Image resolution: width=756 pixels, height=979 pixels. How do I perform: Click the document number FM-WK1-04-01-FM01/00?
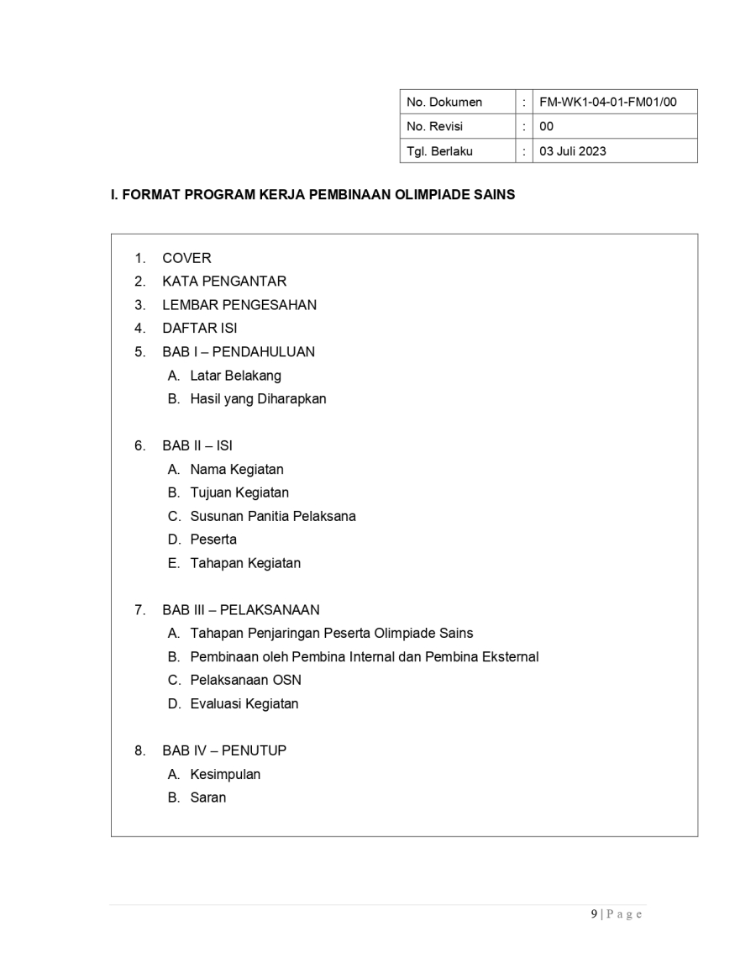click(607, 102)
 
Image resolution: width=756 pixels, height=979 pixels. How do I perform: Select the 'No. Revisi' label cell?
click(434, 126)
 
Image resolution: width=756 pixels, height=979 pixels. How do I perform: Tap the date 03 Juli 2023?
click(572, 151)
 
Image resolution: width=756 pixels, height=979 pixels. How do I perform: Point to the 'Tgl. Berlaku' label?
click(439, 151)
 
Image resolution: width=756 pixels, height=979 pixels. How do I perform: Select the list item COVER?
click(186, 258)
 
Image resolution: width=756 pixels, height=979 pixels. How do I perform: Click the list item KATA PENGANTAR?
click(224, 282)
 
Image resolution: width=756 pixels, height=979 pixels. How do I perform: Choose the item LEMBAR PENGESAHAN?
click(239, 305)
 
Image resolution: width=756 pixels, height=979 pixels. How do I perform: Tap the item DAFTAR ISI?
click(200, 329)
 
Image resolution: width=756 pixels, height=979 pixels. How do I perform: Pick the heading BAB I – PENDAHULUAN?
click(239, 352)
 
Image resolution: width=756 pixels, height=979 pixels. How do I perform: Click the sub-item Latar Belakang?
click(235, 376)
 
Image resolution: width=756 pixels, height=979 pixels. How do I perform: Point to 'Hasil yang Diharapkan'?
click(258, 399)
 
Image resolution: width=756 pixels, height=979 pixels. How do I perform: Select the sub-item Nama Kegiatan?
click(237, 469)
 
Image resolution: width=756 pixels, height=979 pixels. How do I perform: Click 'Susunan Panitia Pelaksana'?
click(273, 516)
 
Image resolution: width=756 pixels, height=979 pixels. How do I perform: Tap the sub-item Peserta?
click(213, 540)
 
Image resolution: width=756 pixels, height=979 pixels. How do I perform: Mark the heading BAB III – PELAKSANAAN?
click(241, 609)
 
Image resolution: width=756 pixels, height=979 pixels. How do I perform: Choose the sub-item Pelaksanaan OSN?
click(245, 680)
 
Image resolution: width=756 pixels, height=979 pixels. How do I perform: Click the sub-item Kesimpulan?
click(225, 774)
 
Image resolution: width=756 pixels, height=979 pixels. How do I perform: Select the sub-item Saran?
click(207, 797)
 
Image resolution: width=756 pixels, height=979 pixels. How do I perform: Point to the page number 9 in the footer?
click(594, 914)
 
